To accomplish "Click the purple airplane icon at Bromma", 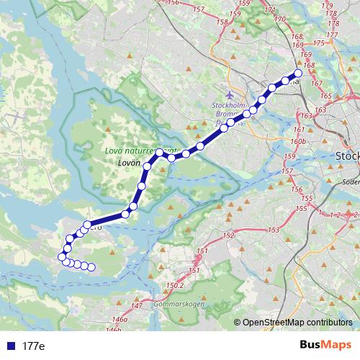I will [x=230, y=94].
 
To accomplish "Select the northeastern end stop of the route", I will [x=298, y=73].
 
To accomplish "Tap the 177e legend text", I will [x=33, y=346].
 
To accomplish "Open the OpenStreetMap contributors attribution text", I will [x=297, y=323].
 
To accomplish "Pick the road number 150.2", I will [x=175, y=286].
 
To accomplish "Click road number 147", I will [x=138, y=306].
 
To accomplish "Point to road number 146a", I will [x=119, y=318].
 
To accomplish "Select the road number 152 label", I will [x=229, y=235].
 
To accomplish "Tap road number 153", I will [x=274, y=230].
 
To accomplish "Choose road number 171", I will [x=270, y=10].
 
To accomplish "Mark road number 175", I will [x=332, y=34].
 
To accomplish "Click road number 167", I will [x=315, y=84].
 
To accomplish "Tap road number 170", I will [x=280, y=19].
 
